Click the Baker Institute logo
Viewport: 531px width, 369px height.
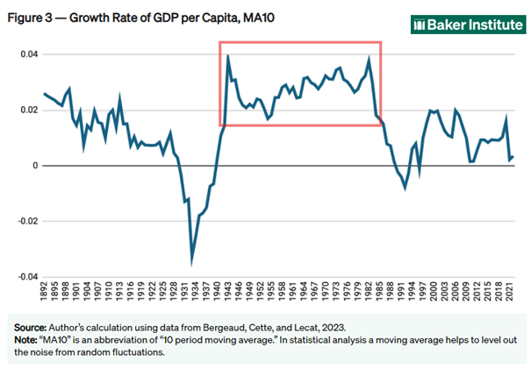point(464,25)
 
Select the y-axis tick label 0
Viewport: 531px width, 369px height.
point(34,166)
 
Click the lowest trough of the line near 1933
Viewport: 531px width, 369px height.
point(192,260)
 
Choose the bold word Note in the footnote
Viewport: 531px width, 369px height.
point(24,337)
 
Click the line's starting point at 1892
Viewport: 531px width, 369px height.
point(45,93)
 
